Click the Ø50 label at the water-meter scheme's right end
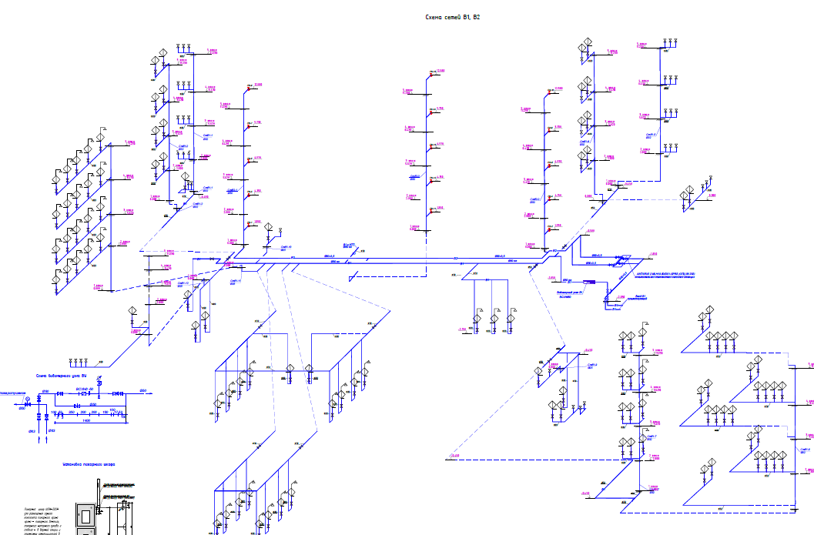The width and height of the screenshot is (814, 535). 143,391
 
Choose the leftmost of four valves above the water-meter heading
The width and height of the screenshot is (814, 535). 71,361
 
